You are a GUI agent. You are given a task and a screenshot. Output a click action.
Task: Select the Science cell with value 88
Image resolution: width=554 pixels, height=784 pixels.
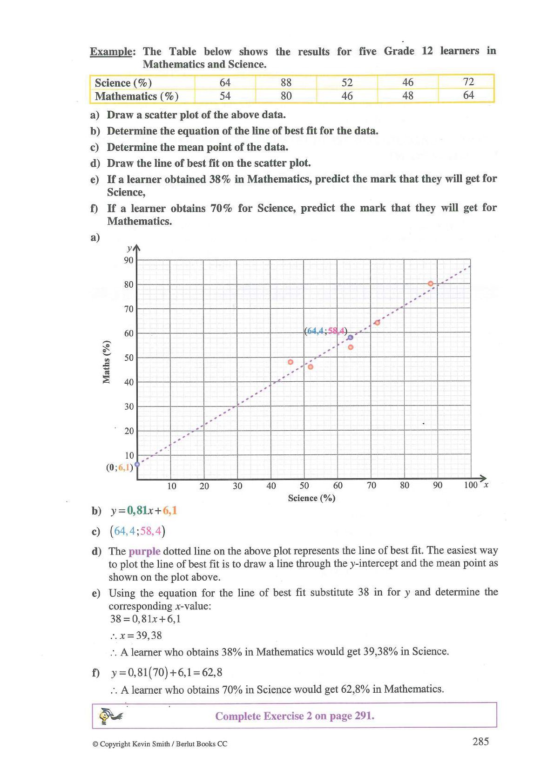click(x=286, y=82)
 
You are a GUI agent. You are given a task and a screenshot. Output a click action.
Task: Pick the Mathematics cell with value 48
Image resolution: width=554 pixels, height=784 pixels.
click(x=408, y=95)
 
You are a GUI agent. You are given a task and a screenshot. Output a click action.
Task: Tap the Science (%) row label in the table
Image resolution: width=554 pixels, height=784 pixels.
click(x=123, y=83)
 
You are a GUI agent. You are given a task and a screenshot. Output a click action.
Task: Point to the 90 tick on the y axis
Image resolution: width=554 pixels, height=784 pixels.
click(x=128, y=260)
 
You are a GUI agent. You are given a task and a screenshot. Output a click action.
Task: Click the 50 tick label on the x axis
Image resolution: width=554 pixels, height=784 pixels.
click(x=304, y=486)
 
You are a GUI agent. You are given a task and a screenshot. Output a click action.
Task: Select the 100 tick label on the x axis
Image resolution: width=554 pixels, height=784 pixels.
click(x=471, y=485)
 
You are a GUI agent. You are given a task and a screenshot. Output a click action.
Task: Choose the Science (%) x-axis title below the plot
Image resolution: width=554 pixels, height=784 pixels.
click(x=311, y=498)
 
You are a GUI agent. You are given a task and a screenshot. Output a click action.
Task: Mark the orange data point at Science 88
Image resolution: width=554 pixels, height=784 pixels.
click(x=431, y=284)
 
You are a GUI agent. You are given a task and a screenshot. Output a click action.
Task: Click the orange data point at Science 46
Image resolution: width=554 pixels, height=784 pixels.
click(x=291, y=362)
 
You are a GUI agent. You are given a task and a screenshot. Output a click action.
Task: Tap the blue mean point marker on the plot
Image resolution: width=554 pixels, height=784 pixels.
click(x=351, y=338)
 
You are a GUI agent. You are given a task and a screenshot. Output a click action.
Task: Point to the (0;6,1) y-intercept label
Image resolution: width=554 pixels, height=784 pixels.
click(x=120, y=467)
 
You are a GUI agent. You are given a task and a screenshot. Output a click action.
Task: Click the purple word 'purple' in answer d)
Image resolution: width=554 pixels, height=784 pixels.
click(x=144, y=551)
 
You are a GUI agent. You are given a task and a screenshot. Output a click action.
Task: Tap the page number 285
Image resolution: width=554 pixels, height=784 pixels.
click(x=480, y=742)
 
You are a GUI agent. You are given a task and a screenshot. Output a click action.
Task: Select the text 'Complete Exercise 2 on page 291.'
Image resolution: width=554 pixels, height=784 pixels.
click(x=295, y=716)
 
